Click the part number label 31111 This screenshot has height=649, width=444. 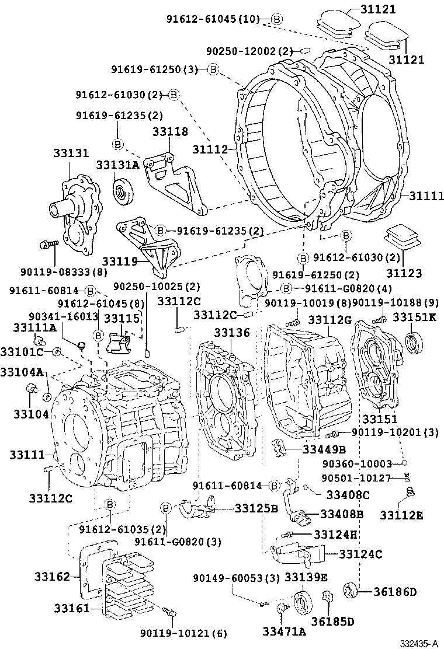click(x=424, y=196)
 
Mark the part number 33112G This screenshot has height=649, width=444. click(x=329, y=320)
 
